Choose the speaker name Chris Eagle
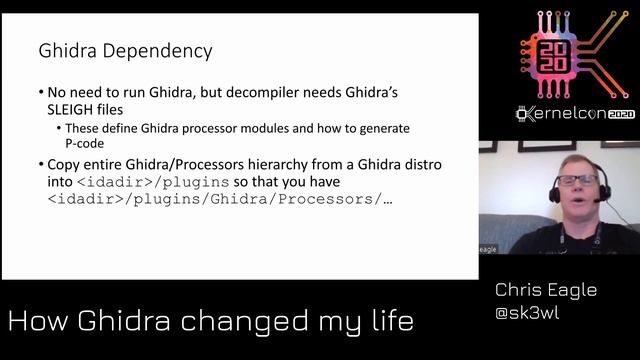pos(545,290)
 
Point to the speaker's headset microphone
pos(597,200)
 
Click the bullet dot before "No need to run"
pos(40,91)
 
